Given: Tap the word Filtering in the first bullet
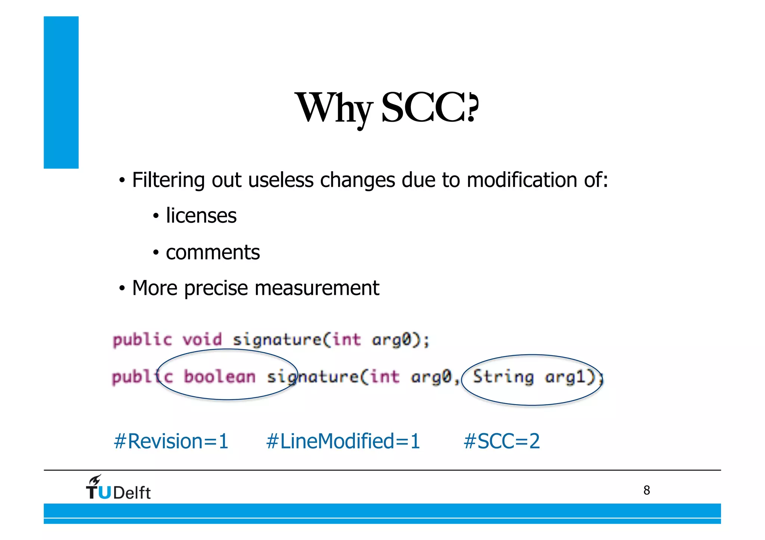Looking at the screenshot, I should pyautogui.click(x=168, y=180).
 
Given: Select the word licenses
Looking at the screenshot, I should pyautogui.click(x=201, y=216).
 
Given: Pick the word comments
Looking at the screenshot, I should pyautogui.click(x=213, y=252).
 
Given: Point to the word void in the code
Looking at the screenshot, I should pyautogui.click(x=202, y=340).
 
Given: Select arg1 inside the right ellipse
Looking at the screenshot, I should pyautogui.click(x=569, y=377).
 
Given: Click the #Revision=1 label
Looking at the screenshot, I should pyautogui.click(x=171, y=441).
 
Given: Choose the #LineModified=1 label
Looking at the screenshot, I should pyautogui.click(x=343, y=441).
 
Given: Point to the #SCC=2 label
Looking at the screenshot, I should pyautogui.click(x=502, y=441).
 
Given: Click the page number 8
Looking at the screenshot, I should pyautogui.click(x=647, y=490).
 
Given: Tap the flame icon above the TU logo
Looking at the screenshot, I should pyautogui.click(x=95, y=480).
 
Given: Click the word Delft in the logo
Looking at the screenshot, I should pyautogui.click(x=132, y=493).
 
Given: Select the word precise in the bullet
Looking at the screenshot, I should pyautogui.click(x=216, y=288).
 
